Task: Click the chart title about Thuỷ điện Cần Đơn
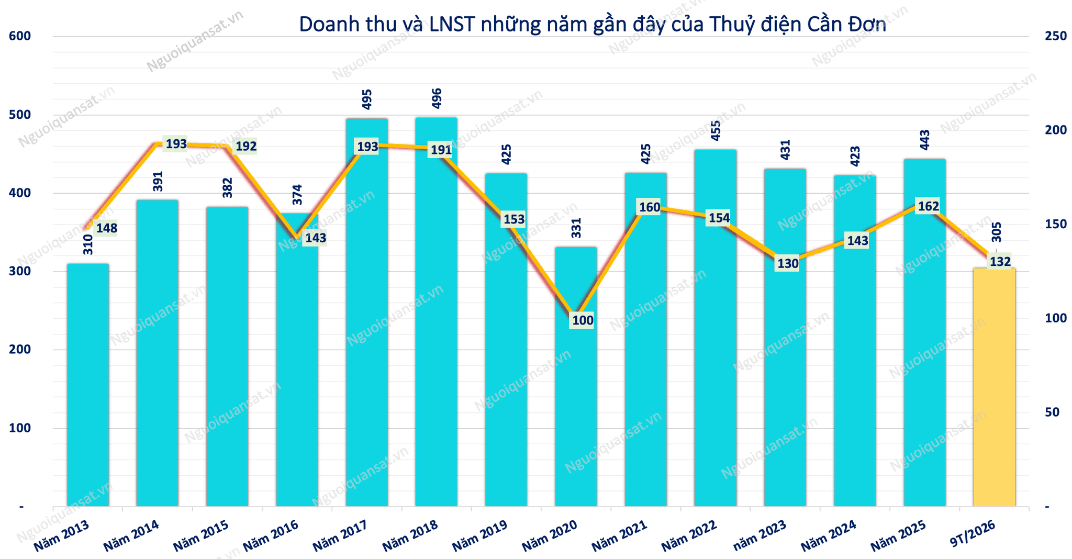coord(593,25)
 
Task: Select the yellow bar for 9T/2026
coord(994,387)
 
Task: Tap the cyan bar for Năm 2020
coord(576,377)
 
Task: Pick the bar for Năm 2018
coord(436,312)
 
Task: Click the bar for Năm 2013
coord(88,385)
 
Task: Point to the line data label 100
coord(583,320)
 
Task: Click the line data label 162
coord(929,206)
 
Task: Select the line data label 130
coord(788,263)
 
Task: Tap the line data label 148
coord(106,228)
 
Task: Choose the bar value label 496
coord(437,98)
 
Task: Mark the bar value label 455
coord(716,130)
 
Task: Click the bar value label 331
coord(576,228)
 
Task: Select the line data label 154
coord(719,218)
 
